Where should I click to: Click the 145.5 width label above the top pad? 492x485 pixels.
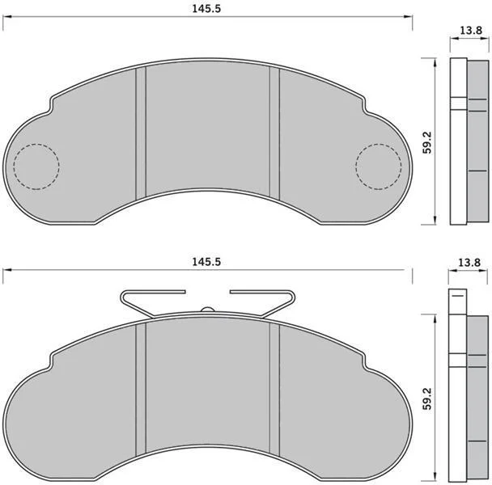tap(206, 8)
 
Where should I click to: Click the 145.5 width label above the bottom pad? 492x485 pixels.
tap(206, 261)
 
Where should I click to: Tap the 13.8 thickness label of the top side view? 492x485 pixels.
tap(471, 30)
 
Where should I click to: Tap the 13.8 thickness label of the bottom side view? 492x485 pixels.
tap(469, 262)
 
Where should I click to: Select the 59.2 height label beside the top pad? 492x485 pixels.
tap(427, 142)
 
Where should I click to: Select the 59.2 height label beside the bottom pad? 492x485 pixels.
tap(427, 399)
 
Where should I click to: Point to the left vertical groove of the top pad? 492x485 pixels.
tap(141, 133)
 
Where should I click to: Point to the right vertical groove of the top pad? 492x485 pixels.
tap(274, 133)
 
